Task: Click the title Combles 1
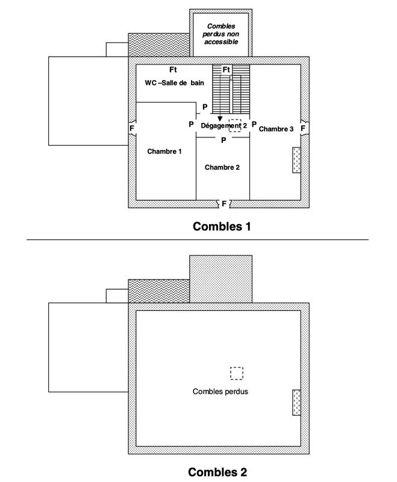tap(221, 227)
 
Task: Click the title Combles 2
tap(217, 472)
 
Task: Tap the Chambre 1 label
tap(164, 151)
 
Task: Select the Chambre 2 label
tap(222, 167)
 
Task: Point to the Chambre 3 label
tap(276, 129)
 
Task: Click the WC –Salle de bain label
tap(174, 82)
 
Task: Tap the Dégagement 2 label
tap(224, 125)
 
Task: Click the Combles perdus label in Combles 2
tap(220, 391)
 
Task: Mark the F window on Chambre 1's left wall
tap(131, 128)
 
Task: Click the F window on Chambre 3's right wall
tap(303, 128)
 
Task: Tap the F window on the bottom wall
tap(224, 204)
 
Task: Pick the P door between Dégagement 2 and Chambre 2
tap(223, 140)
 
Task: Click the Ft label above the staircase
tap(227, 70)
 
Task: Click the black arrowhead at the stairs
tap(220, 119)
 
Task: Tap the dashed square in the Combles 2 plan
tap(237, 373)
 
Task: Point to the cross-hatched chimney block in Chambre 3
tap(296, 161)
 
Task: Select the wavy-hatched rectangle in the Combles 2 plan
tap(158, 287)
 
